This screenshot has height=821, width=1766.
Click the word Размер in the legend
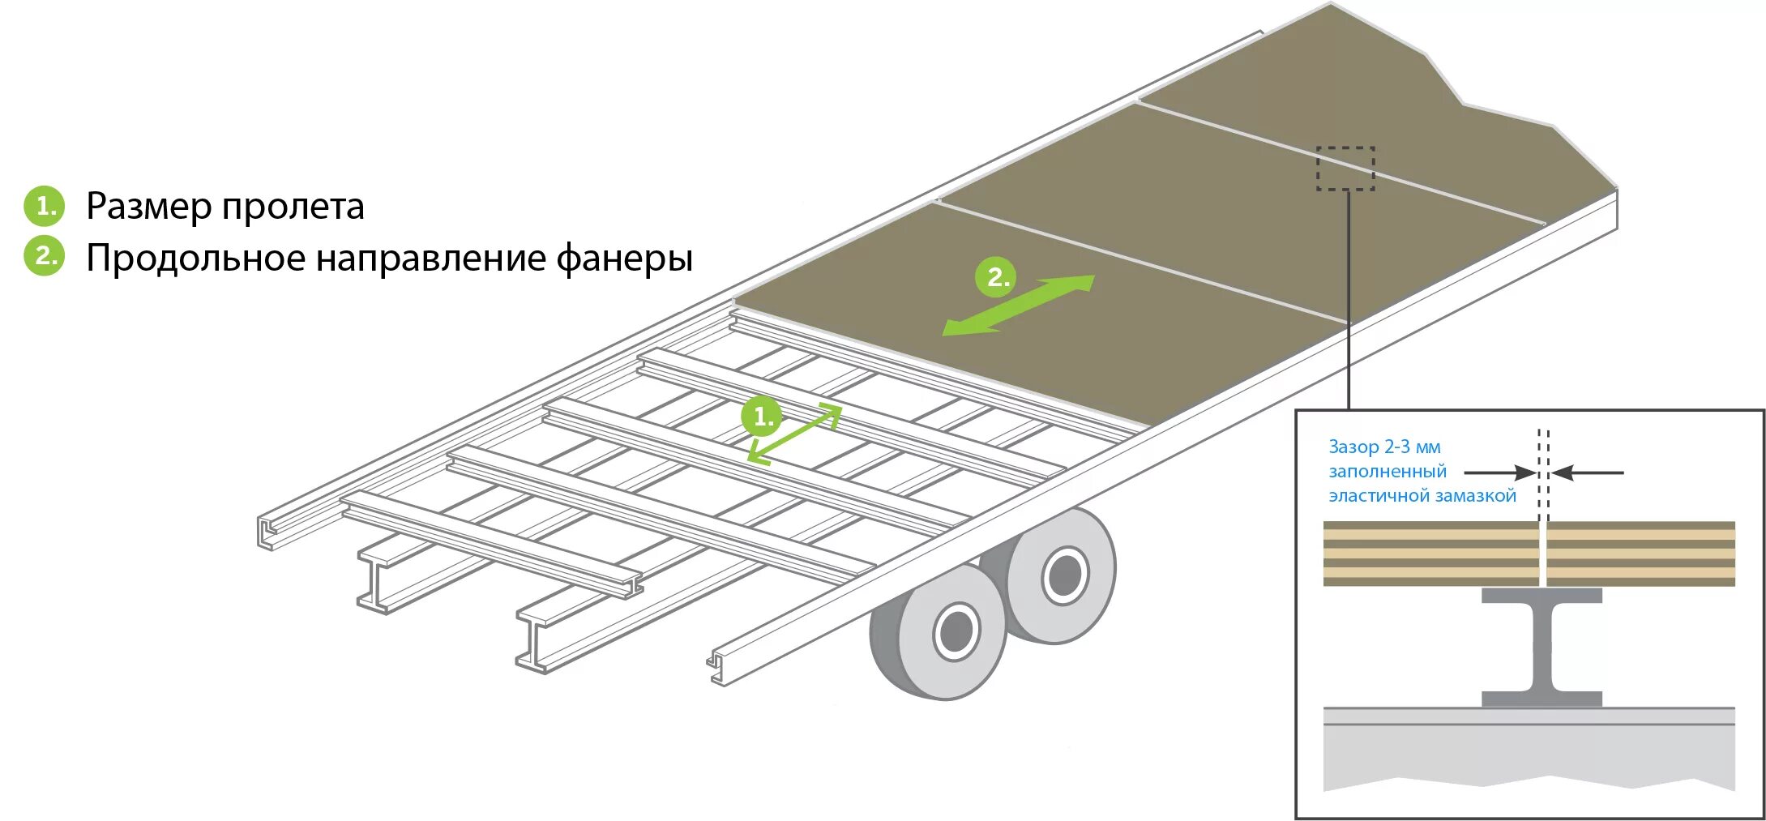click(151, 207)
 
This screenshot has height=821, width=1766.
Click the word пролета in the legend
click(293, 207)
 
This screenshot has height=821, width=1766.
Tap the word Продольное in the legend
click(196, 259)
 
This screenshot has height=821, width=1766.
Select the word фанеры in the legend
click(624, 259)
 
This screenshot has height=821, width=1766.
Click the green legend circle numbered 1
click(44, 206)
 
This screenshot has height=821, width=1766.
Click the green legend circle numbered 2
click(44, 256)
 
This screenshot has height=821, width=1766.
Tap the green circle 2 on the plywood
click(995, 277)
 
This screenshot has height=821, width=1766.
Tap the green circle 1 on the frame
click(762, 417)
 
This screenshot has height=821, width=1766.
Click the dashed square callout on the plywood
click(1345, 169)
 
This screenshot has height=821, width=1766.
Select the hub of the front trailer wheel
click(956, 631)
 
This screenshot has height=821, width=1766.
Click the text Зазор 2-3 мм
click(1384, 447)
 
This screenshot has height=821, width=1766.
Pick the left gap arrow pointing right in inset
click(1499, 473)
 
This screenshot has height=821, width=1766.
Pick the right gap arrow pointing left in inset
click(1589, 473)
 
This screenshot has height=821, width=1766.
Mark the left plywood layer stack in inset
click(1430, 554)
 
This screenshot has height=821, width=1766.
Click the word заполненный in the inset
click(1388, 471)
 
